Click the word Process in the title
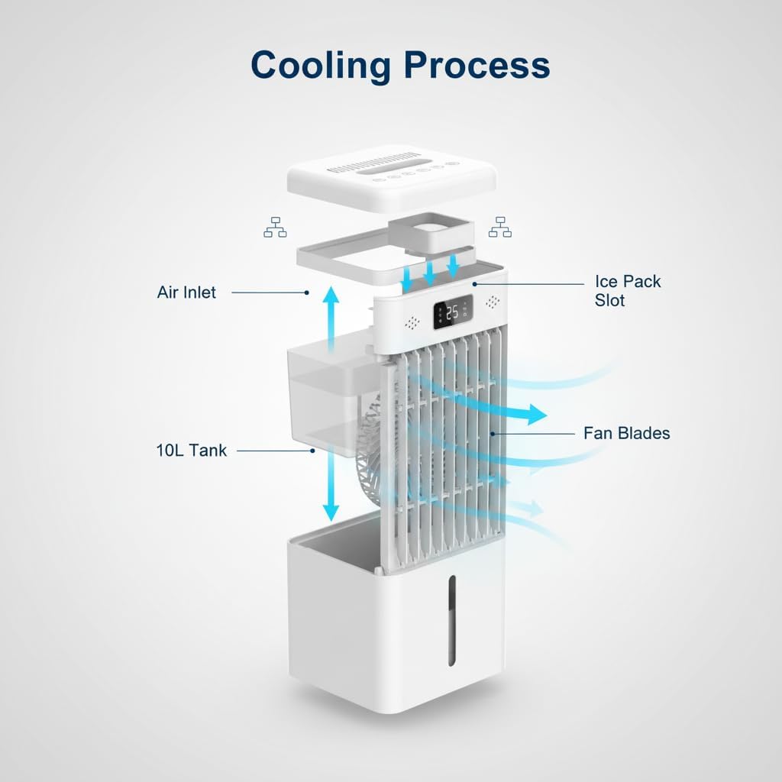477,66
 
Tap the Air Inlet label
186,292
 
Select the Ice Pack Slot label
627,291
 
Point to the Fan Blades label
626,433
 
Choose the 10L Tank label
192,451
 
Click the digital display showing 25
451,313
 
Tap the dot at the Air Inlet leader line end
306,292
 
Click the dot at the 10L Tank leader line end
313,451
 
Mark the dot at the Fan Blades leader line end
494,434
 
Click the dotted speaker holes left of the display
412,323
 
